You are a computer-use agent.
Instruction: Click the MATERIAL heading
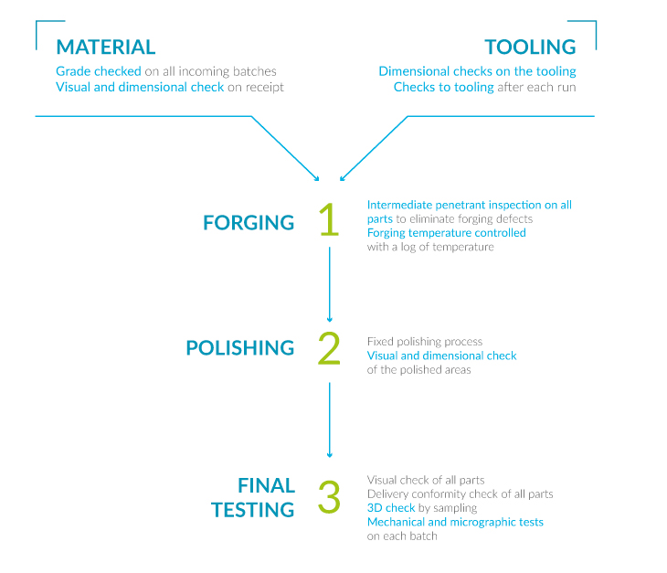click(105, 48)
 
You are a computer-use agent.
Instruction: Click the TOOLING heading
click(531, 48)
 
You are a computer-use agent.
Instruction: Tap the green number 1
click(329, 219)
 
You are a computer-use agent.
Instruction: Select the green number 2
click(329, 348)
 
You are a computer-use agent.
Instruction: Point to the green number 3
click(329, 496)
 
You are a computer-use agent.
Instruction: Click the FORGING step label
click(249, 222)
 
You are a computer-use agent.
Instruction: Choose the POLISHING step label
click(240, 348)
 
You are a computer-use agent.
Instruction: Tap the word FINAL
click(266, 485)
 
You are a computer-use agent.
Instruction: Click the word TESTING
click(253, 510)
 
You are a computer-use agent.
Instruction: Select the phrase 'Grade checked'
click(99, 71)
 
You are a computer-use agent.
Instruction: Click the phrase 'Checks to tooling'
click(444, 87)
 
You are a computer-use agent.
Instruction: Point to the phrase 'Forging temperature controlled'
click(446, 233)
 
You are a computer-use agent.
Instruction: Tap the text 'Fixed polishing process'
click(425, 342)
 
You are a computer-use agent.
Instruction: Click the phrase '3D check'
click(391, 508)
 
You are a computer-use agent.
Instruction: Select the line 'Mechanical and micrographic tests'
click(455, 522)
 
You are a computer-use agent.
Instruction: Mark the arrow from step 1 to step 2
click(329, 284)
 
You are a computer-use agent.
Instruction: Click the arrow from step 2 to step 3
click(329, 419)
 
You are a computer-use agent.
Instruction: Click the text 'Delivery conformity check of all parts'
click(460, 493)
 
